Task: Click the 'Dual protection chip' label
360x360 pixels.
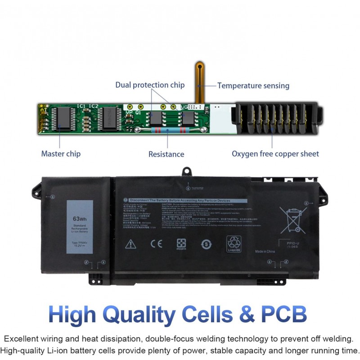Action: (x=150, y=85)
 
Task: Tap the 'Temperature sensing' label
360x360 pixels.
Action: (x=253, y=85)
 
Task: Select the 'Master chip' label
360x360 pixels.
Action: (x=61, y=154)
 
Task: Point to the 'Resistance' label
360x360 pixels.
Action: (x=166, y=154)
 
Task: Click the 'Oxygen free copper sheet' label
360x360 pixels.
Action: (x=275, y=154)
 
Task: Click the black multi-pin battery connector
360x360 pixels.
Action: (x=275, y=119)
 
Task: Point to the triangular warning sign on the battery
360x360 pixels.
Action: (x=130, y=243)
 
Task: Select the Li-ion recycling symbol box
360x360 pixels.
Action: (x=234, y=243)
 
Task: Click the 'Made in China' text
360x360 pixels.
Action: (x=265, y=251)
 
